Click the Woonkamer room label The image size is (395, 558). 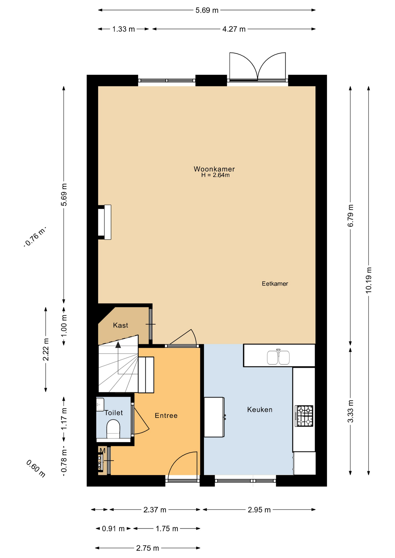[x=214, y=169]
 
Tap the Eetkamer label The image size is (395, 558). [x=275, y=284]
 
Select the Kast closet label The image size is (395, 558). [x=120, y=325]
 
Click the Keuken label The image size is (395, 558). [x=260, y=409]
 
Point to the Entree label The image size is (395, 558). [x=166, y=416]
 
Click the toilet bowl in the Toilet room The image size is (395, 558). [x=113, y=430]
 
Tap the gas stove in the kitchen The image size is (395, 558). [x=304, y=416]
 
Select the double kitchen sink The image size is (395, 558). [x=278, y=357]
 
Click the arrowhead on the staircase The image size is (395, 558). [x=118, y=345]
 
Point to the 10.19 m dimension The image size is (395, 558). [x=369, y=280]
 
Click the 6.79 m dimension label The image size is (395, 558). [x=350, y=216]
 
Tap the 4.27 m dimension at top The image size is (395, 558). [x=234, y=29]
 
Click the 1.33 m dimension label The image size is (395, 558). [x=124, y=29]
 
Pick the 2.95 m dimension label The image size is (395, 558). [x=259, y=510]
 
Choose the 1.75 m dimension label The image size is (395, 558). [x=167, y=529]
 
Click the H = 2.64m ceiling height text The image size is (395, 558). [x=215, y=175]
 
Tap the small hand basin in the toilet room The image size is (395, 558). [x=100, y=405]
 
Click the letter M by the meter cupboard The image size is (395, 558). [x=102, y=451]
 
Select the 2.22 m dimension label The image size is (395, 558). [x=46, y=349]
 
